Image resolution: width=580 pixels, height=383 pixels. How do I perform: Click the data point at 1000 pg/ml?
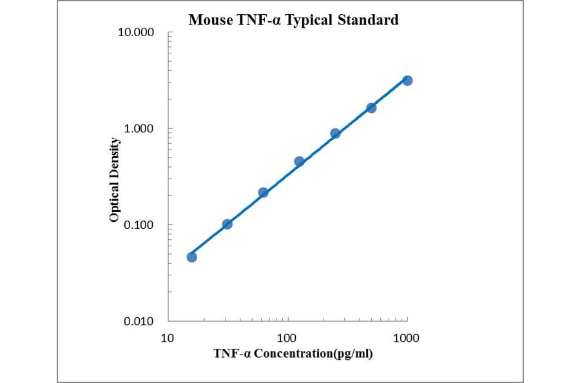(407, 81)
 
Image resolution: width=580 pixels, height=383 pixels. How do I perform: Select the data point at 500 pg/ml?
(371, 108)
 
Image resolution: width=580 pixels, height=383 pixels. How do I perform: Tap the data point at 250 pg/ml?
(335, 133)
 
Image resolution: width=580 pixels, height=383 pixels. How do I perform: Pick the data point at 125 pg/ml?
(299, 161)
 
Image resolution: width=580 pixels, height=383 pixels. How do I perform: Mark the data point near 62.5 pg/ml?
(263, 192)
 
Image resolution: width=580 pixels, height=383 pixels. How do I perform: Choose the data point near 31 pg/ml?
(227, 224)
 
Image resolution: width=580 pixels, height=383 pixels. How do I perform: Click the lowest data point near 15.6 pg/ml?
(191, 257)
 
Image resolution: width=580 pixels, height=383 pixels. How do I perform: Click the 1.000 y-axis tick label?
(139, 128)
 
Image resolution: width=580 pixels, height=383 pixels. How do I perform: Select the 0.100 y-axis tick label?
(139, 225)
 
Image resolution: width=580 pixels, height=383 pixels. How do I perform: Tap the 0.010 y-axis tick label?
(139, 321)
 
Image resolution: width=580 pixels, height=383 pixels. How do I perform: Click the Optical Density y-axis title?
(114, 180)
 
